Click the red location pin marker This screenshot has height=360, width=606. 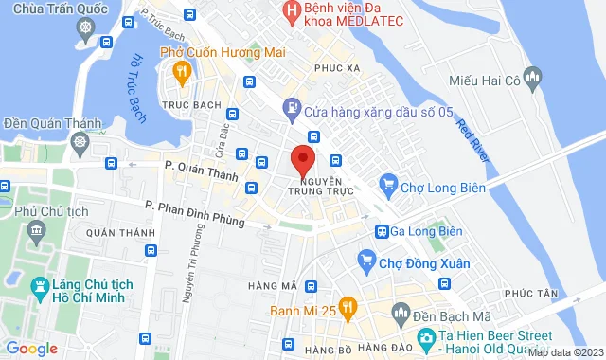pyautogui.click(x=302, y=159)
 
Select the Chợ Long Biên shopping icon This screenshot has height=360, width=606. pyautogui.click(x=387, y=183)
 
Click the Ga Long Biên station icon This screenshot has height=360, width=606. pyautogui.click(x=382, y=231)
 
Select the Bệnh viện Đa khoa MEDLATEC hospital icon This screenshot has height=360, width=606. pyautogui.click(x=291, y=12)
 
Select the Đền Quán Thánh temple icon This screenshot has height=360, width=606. pyautogui.click(x=80, y=143)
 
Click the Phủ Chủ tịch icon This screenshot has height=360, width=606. pyautogui.click(x=38, y=229)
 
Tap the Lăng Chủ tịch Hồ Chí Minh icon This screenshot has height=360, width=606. pyautogui.click(x=40, y=284)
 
